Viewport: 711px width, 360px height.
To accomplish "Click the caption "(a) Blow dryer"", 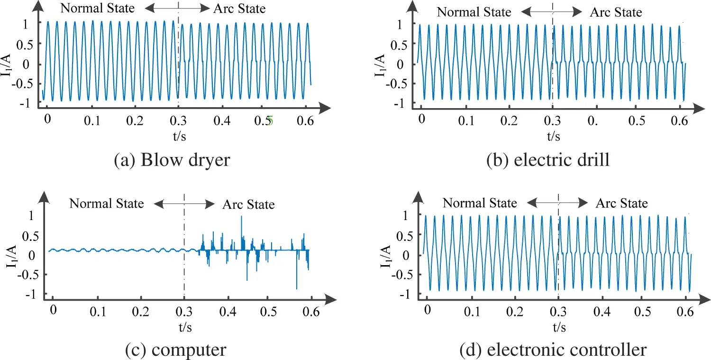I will [x=172, y=160].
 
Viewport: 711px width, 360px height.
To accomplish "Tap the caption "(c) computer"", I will [x=175, y=350].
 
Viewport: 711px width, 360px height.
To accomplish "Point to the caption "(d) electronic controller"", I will [x=553, y=350].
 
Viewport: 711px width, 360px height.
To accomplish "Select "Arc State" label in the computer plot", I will [x=248, y=205].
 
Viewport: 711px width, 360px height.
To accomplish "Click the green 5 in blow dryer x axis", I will [x=271, y=121].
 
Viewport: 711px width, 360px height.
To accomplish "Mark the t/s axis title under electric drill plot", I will [x=553, y=137].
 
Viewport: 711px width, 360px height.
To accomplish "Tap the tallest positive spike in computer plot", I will [x=242, y=217].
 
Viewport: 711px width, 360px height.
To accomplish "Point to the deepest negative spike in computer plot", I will [x=297, y=288].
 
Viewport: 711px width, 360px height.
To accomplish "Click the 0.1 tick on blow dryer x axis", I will [x=92, y=121].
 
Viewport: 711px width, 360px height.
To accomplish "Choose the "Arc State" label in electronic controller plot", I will [x=621, y=203].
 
